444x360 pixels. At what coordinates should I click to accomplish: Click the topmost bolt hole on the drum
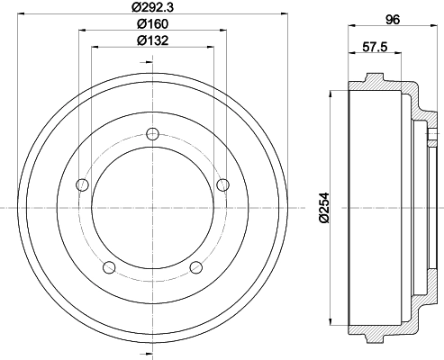click(x=152, y=135)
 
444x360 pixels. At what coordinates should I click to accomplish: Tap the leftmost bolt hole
click(x=83, y=185)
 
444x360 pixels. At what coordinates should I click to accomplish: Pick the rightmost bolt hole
click(x=222, y=185)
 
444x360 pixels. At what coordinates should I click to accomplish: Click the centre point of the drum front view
click(x=152, y=208)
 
